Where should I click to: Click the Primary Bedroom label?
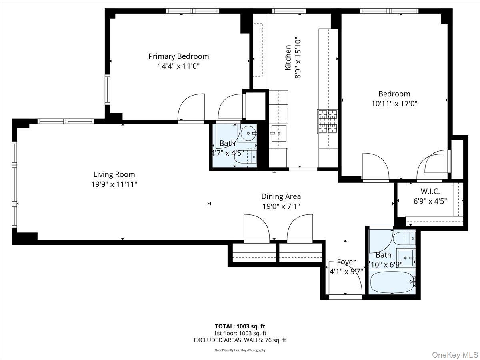(178, 56)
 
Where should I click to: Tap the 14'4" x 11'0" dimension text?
(178, 66)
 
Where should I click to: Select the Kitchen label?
(288, 58)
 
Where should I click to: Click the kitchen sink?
(279, 133)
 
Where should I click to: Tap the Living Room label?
(114, 174)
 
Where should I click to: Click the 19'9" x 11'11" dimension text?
(114, 184)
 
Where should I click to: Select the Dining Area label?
(281, 196)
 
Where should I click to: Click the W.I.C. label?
(430, 192)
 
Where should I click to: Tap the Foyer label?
(346, 262)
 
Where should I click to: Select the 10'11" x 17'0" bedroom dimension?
(394, 104)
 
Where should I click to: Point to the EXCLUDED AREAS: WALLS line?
(240, 340)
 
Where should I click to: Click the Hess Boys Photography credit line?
(240, 350)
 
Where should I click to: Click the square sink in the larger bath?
(405, 257)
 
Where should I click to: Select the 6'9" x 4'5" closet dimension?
(430, 201)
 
